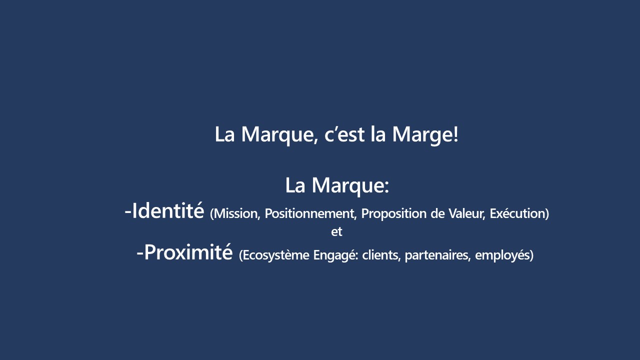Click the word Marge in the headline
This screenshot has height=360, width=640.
coord(422,134)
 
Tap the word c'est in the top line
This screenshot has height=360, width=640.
coord(344,134)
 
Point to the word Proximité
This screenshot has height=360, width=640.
coord(188,252)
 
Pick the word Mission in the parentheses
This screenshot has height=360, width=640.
coord(235,213)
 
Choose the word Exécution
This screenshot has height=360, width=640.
coord(517,213)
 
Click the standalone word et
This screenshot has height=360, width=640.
coord(336,231)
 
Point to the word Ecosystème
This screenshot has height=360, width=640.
coord(275,255)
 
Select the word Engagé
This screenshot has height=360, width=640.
coord(334,255)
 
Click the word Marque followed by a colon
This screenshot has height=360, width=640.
coord(347,186)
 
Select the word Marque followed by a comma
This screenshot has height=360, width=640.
coord(277,135)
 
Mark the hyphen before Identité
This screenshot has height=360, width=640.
coord(128,212)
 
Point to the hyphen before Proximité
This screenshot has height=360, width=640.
coord(140,253)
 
